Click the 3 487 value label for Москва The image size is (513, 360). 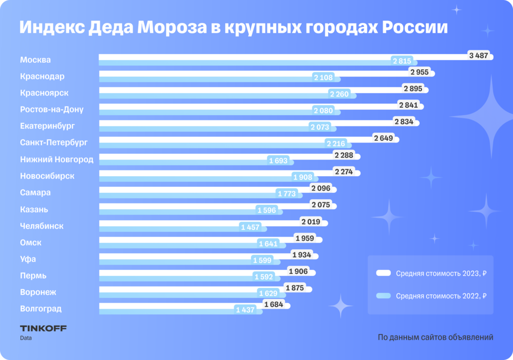pos(478,56)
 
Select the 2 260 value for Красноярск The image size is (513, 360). pos(339,94)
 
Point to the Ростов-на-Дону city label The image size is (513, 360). pos(51,109)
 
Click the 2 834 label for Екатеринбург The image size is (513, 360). pos(404,122)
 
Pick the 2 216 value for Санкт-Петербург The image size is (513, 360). pos(336,144)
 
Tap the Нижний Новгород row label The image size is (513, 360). pos(56,159)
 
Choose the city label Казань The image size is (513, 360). pos(34,209)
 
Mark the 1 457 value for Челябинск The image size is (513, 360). pos(250,227)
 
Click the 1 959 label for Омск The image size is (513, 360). pos(304,238)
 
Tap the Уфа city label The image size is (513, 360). pos(28,259)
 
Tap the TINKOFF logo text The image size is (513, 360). pos(43,328)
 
